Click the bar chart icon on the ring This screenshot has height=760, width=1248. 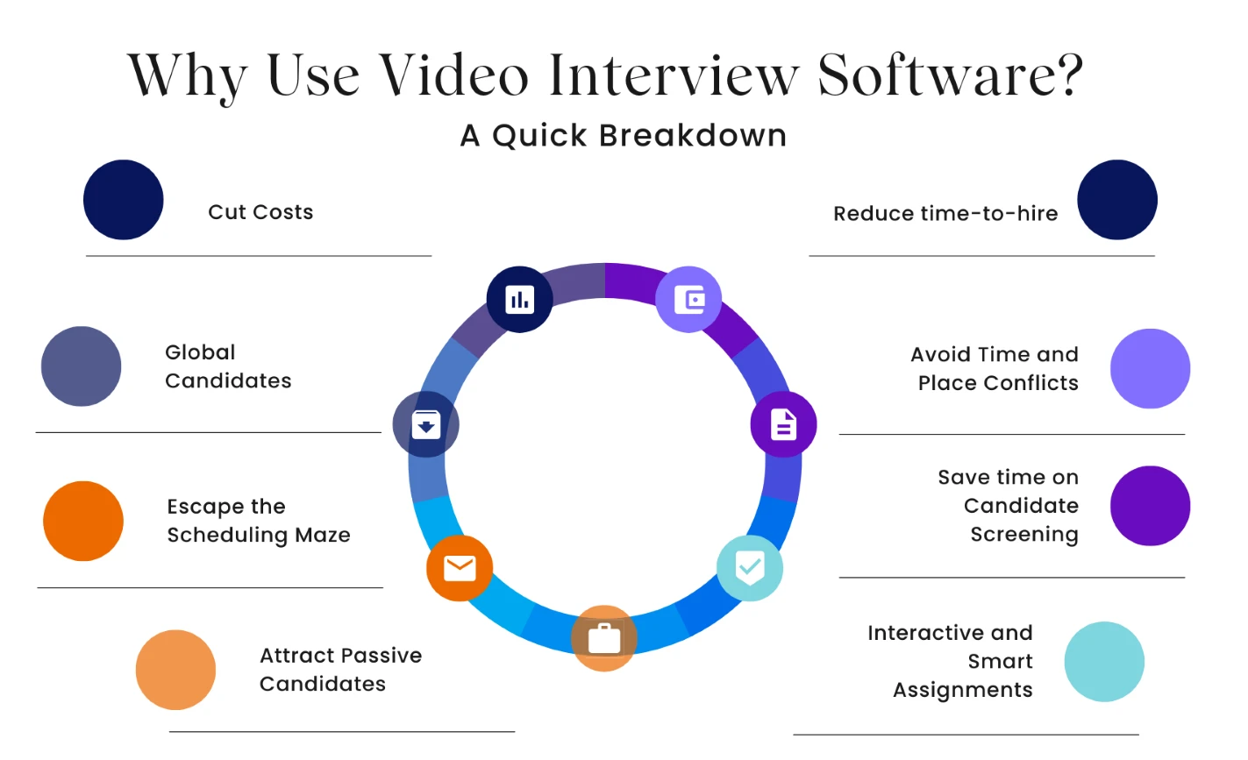(x=519, y=300)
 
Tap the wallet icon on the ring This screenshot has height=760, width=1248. (x=689, y=300)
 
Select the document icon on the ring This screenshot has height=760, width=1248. (x=783, y=425)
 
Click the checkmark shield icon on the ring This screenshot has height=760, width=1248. (x=749, y=568)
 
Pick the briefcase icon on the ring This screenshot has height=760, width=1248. (x=604, y=638)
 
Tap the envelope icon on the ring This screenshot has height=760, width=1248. (x=460, y=569)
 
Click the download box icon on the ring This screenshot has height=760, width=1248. (x=426, y=425)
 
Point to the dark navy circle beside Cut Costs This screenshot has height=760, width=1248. (x=123, y=200)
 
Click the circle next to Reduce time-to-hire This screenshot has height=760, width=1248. (x=1117, y=200)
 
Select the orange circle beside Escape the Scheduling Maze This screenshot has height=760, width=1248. (x=83, y=522)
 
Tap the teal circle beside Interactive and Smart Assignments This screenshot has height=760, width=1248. (x=1104, y=662)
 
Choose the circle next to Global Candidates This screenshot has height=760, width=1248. (x=82, y=366)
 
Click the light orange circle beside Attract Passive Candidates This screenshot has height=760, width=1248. (x=175, y=670)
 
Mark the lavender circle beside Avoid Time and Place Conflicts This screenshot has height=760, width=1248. (x=1150, y=368)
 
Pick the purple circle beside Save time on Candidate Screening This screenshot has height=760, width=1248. (x=1150, y=506)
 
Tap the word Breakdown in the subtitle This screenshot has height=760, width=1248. (x=693, y=135)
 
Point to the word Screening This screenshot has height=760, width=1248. (x=1024, y=535)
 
